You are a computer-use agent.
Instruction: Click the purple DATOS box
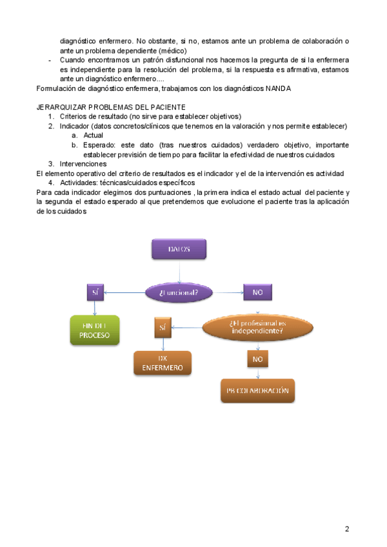(x=179, y=249)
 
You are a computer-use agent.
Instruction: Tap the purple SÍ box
(x=95, y=292)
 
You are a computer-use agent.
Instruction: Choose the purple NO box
(x=257, y=292)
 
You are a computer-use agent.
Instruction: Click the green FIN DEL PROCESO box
(x=95, y=330)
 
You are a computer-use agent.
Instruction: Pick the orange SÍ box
(x=163, y=327)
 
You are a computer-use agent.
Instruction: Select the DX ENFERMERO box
(x=163, y=363)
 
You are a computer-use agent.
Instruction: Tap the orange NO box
(x=257, y=358)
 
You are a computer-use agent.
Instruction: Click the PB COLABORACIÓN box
(x=257, y=391)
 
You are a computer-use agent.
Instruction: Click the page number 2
(x=347, y=529)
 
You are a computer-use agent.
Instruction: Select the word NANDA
(x=278, y=88)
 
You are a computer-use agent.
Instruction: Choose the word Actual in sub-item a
(x=94, y=135)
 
